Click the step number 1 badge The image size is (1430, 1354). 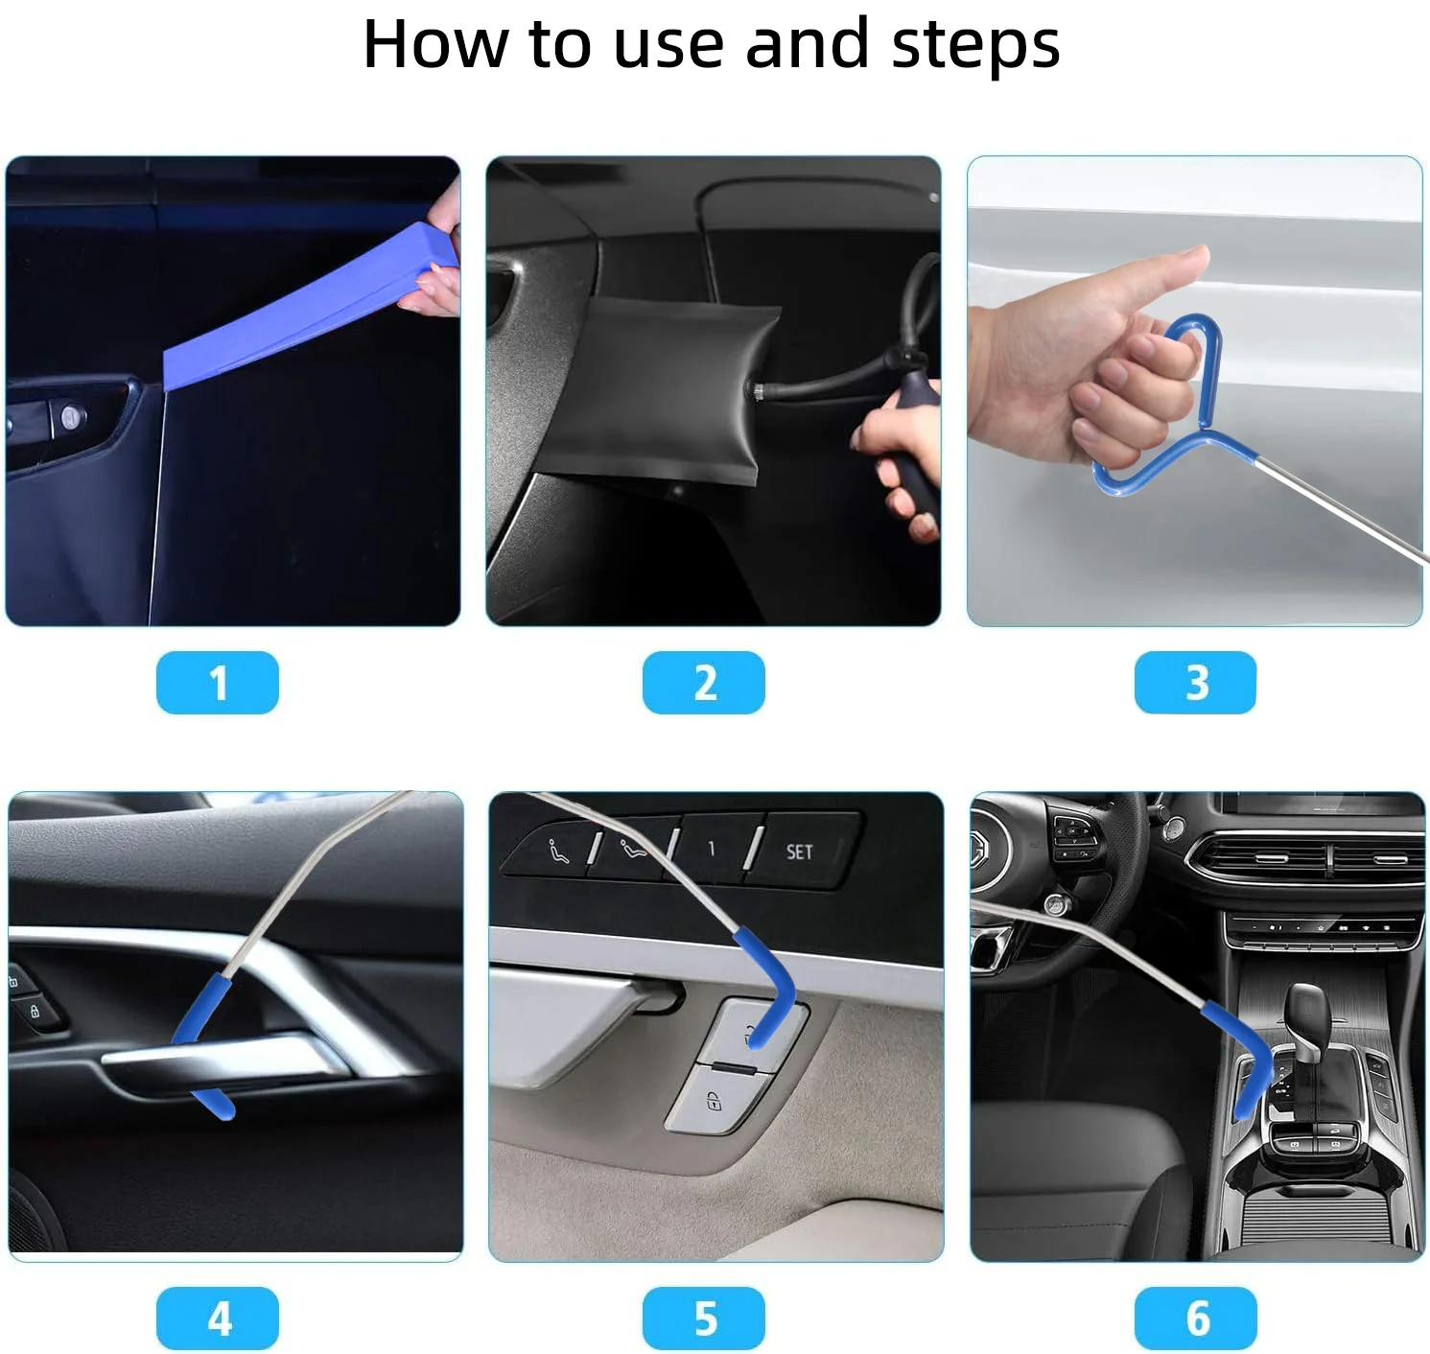point(217,683)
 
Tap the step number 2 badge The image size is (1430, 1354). point(703,683)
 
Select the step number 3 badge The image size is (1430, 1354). point(1195,683)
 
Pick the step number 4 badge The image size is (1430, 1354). point(217,1319)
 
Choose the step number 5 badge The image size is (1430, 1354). point(703,1319)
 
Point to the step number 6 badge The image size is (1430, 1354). point(1195,1319)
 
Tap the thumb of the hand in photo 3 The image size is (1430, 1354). point(1165,273)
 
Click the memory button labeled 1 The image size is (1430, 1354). point(711,849)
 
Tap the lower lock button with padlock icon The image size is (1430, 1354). point(714,1101)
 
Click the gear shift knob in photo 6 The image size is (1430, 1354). point(1306,1012)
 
